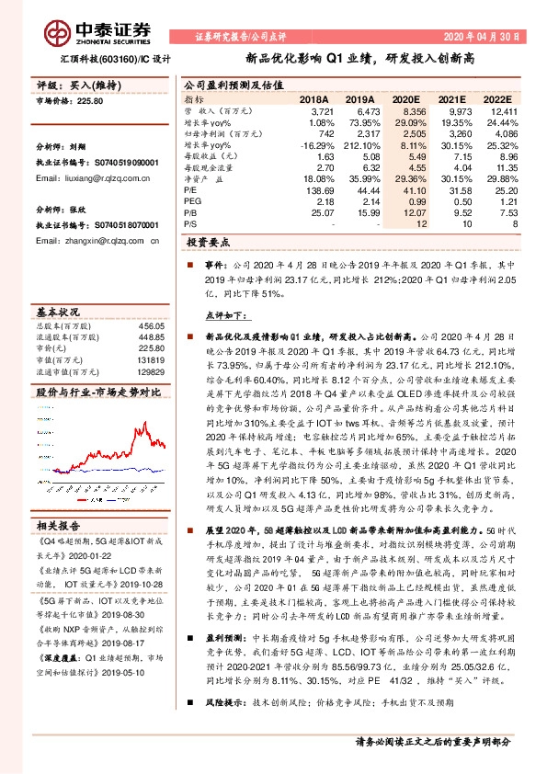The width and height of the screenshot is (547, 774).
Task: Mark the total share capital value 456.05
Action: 151,326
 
